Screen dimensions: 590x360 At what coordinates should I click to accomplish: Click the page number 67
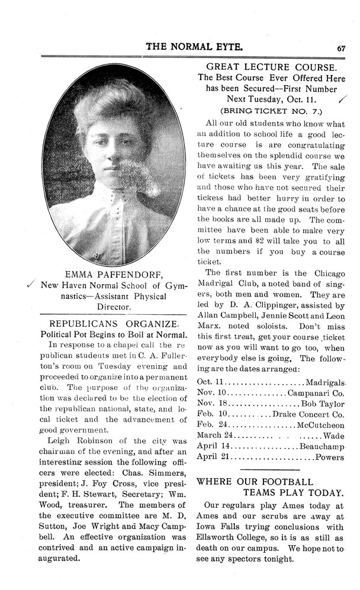pyautogui.click(x=341, y=48)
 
